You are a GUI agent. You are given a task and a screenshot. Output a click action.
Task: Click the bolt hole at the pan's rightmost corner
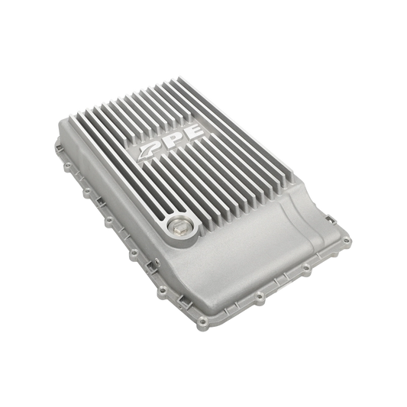346,241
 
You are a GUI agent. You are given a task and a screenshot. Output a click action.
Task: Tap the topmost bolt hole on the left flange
68,164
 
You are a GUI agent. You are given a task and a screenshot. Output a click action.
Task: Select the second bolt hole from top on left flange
87,192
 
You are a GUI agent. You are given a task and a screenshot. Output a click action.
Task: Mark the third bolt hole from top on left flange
109,220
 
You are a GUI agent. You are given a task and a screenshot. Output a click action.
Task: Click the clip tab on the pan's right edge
331,219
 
